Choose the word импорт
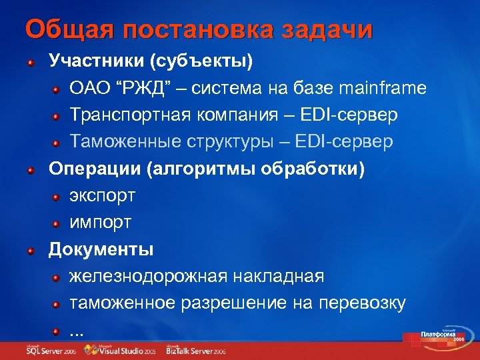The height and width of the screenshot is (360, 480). (101, 222)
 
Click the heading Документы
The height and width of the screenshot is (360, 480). (101, 249)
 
